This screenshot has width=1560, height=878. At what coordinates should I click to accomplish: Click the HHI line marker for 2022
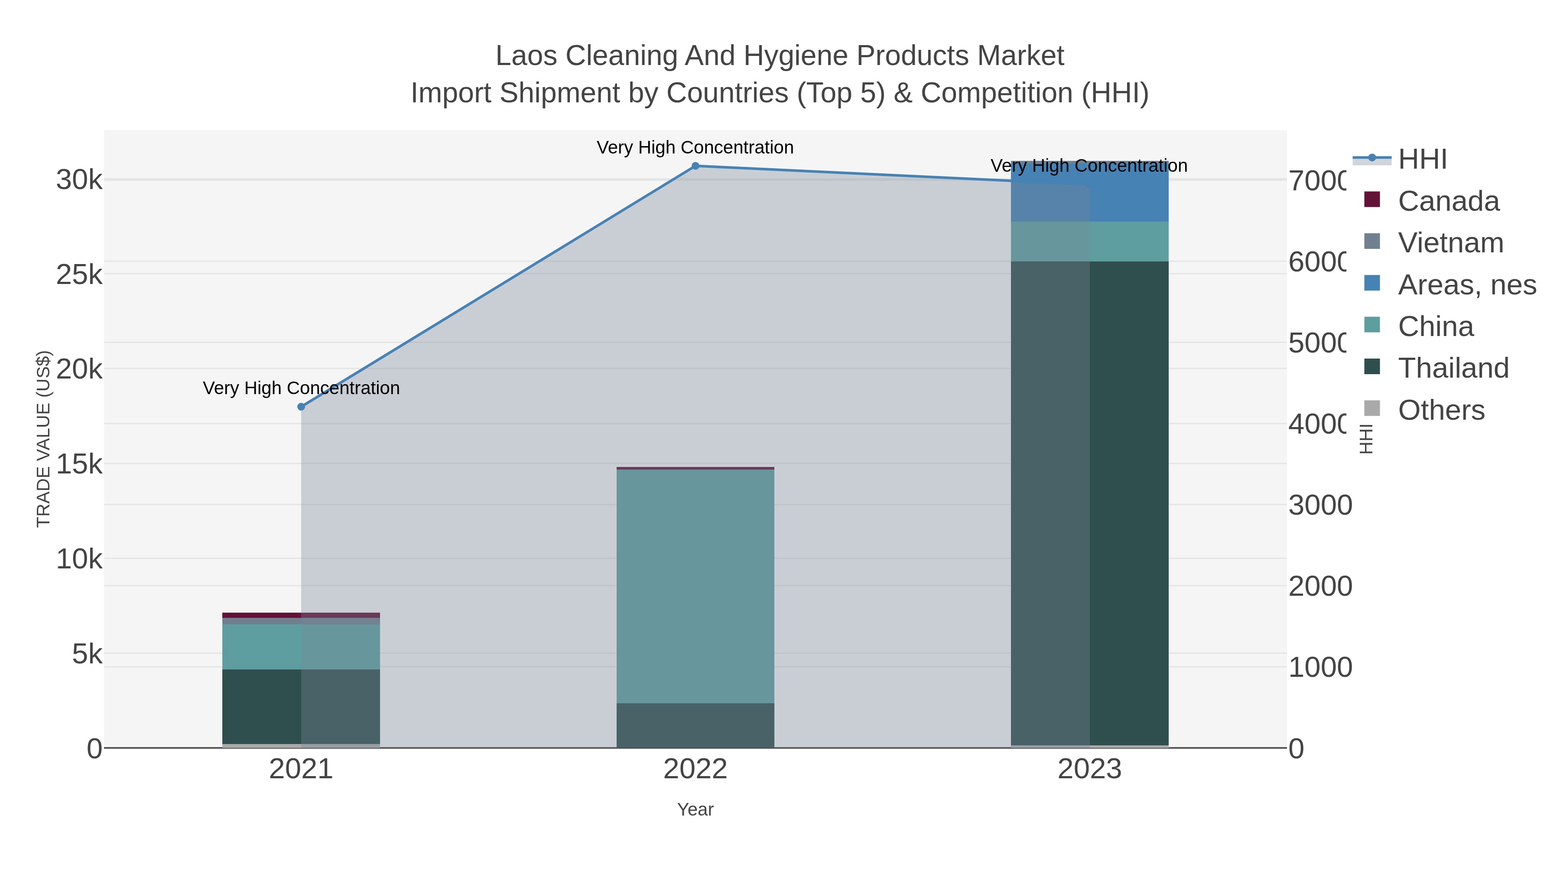click(695, 166)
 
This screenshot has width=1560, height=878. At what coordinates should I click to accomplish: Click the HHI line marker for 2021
click(301, 407)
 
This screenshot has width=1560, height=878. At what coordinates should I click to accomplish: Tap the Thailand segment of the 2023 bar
click(1089, 503)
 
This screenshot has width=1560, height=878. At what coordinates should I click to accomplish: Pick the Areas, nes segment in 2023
click(1089, 192)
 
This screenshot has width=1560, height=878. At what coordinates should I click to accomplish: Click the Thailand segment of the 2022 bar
click(695, 725)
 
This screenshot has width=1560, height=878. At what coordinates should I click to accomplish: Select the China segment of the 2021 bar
click(301, 646)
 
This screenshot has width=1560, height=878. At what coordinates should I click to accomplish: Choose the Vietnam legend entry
click(1450, 243)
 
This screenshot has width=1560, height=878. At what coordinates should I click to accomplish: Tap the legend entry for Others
click(1441, 410)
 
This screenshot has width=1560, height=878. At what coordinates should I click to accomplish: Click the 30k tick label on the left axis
click(79, 180)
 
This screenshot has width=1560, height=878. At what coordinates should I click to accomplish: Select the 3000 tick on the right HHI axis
click(1319, 506)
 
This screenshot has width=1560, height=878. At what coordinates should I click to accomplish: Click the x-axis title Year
click(695, 809)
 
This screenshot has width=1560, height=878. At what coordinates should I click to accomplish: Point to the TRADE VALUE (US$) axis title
click(44, 439)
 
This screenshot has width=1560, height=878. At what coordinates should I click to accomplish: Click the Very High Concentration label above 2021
click(301, 388)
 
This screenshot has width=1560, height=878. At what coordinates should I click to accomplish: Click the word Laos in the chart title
click(526, 56)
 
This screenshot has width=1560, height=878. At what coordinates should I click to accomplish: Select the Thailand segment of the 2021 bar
click(301, 707)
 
